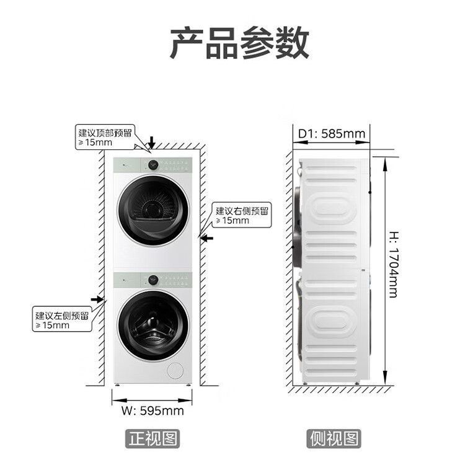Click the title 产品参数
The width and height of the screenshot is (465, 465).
pyautogui.click(x=239, y=43)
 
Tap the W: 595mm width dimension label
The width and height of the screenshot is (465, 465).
pyautogui.click(x=152, y=410)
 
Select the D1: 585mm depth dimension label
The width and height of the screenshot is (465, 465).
pyautogui.click(x=331, y=133)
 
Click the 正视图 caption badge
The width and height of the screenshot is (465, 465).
pyautogui.click(x=153, y=439)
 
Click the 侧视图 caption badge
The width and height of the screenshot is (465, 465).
pyautogui.click(x=334, y=439)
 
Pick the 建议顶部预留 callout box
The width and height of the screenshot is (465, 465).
pyautogui.click(x=105, y=137)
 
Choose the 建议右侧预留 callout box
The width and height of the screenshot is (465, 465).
pyautogui.click(x=241, y=215)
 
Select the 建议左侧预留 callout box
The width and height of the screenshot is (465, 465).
pyautogui.click(x=62, y=321)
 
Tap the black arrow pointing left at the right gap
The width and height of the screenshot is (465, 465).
pyautogui.click(x=207, y=237)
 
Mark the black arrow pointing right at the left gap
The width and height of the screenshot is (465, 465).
pyautogui.click(x=97, y=299)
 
